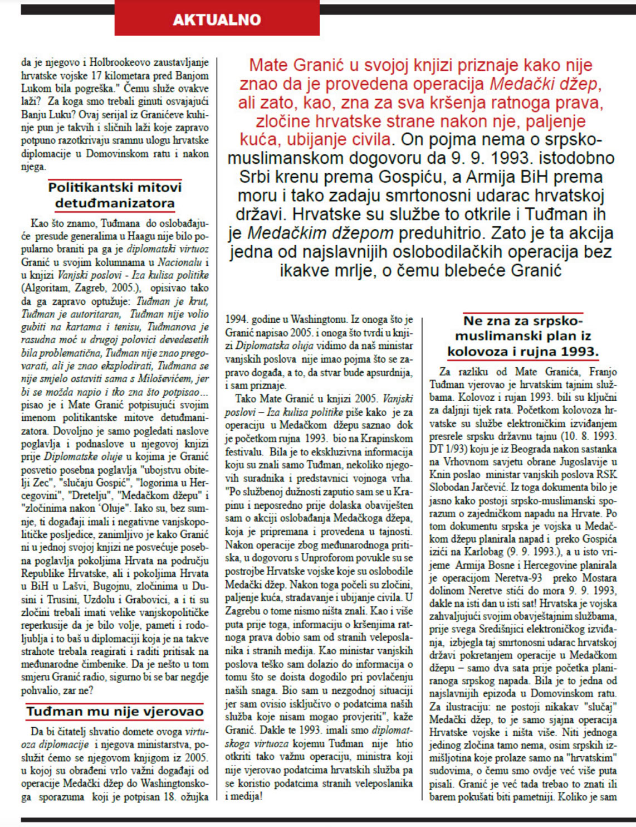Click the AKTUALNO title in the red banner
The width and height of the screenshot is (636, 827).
coord(217,20)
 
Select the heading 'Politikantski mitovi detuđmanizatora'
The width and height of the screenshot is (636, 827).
coord(115,195)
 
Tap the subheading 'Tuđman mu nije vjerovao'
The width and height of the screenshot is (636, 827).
coord(115,712)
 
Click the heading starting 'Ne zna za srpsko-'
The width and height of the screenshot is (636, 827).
coord(522,336)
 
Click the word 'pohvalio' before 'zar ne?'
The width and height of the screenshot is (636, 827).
coord(42,690)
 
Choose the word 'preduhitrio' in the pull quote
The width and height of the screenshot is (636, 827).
coord(444,233)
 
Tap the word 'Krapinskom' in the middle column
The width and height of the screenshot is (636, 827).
coord(388,439)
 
